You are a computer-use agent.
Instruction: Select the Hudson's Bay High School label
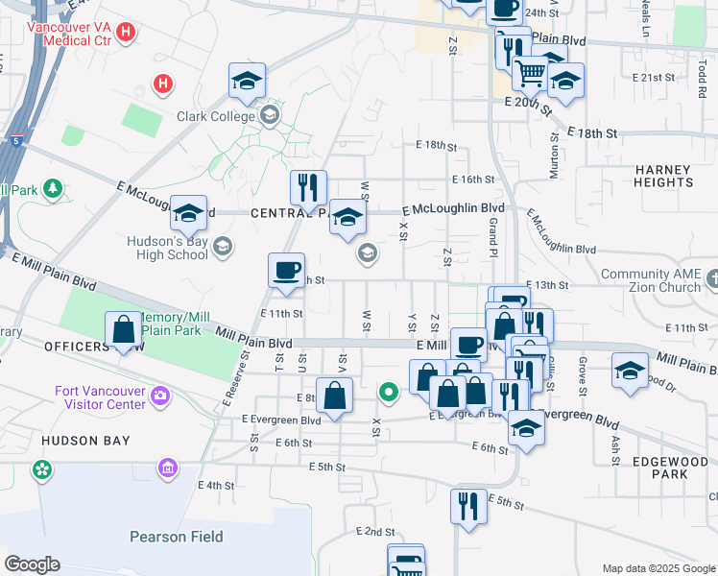click(x=168, y=249)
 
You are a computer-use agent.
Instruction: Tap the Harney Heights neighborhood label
click(x=663, y=176)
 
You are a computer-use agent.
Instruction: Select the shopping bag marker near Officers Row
click(x=124, y=331)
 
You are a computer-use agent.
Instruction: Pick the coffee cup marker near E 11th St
click(x=285, y=272)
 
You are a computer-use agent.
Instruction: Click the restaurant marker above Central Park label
click(x=308, y=188)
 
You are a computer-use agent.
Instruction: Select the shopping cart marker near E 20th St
click(x=529, y=72)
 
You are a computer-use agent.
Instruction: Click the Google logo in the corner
click(x=32, y=564)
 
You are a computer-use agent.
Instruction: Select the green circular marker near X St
click(x=388, y=392)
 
